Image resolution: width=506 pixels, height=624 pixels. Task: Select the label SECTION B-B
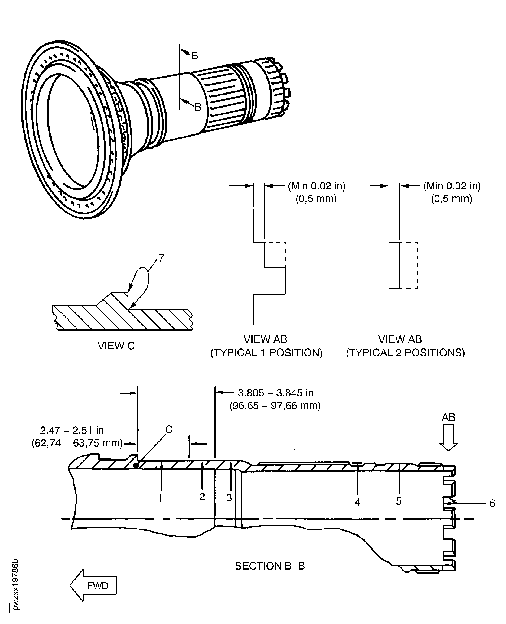[270, 566]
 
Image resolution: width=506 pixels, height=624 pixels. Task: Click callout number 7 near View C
[161, 258]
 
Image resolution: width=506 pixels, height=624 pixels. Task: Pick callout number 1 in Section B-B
[160, 498]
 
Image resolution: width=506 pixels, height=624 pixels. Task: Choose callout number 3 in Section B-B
[229, 497]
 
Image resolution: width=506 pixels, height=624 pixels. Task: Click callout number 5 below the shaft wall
[399, 501]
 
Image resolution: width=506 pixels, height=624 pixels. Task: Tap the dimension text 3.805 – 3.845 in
[275, 393]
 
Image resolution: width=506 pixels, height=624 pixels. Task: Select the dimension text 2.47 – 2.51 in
[72, 430]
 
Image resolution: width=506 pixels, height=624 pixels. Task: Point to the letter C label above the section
[169, 429]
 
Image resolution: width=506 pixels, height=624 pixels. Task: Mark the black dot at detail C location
[136, 466]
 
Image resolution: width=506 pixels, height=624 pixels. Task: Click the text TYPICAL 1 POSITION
[266, 353]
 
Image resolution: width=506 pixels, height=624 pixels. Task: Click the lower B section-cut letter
[198, 107]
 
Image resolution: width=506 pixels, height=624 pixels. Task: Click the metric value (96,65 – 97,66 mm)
[275, 406]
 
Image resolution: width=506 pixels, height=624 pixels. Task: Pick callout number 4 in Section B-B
[357, 502]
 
